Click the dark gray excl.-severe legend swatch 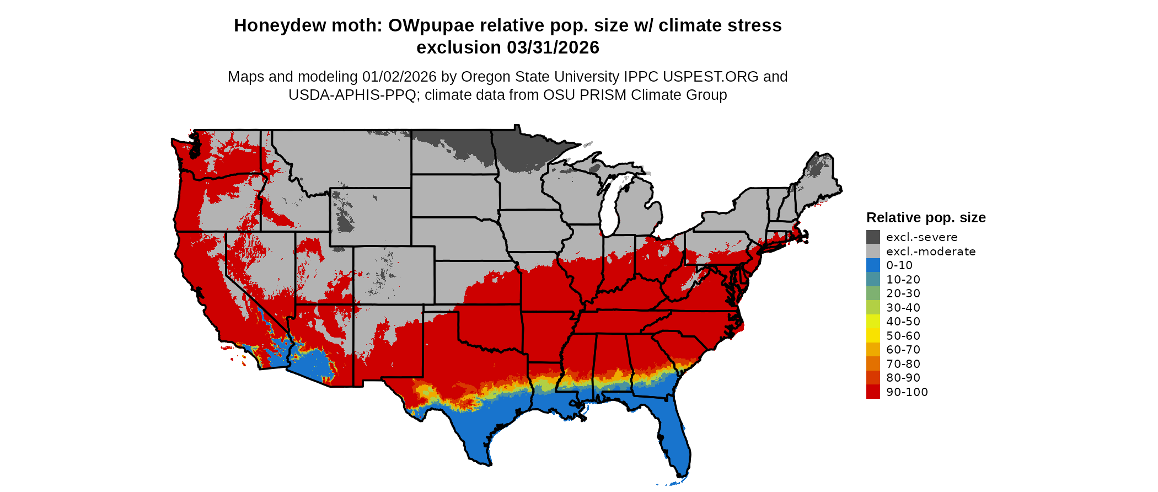coord(873,237)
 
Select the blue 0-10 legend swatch coord(873,265)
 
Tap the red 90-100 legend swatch coord(873,392)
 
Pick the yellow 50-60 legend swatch coord(873,335)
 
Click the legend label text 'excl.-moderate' coord(931,252)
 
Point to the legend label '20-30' coord(903,293)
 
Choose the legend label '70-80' coord(903,363)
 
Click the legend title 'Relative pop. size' coord(926,217)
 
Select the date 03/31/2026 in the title coord(553,47)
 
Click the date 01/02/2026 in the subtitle coord(399,77)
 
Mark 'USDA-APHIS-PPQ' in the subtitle coord(352,95)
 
